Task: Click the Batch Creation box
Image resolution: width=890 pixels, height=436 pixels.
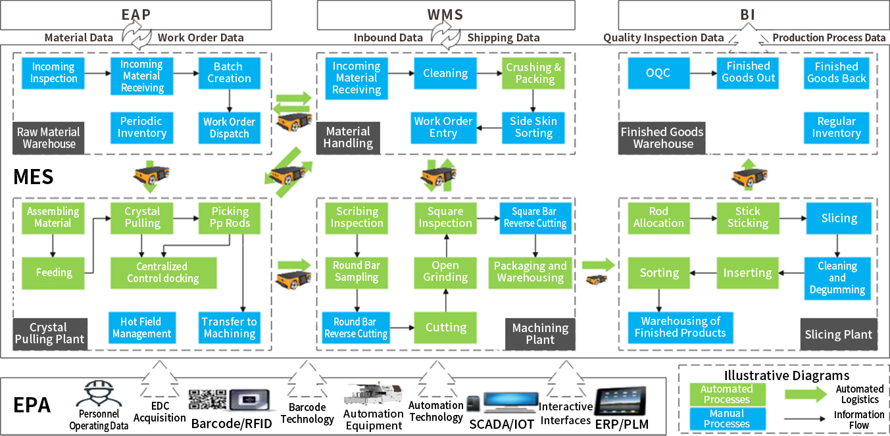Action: click(229, 72)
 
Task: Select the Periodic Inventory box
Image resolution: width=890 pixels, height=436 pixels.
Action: click(141, 127)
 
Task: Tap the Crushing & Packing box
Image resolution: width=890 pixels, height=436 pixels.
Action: click(533, 73)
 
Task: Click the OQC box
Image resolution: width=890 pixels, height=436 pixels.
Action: click(658, 72)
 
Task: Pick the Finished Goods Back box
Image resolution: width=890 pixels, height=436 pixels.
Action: click(836, 72)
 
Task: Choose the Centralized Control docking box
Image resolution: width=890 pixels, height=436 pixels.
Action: click(162, 272)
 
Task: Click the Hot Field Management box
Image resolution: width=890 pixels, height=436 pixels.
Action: click(141, 327)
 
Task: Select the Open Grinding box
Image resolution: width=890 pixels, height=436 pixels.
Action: click(445, 272)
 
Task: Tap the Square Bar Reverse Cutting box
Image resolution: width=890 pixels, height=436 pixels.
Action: click(534, 218)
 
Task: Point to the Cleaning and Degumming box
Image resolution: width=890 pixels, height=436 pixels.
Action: click(837, 278)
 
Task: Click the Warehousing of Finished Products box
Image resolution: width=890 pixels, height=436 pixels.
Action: click(680, 327)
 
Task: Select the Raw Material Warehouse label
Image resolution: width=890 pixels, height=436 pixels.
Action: click(49, 138)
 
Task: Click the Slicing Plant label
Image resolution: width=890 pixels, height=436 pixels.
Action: click(838, 335)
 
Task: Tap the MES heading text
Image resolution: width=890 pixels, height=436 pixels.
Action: click(33, 176)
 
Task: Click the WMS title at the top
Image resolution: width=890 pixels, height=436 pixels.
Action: click(445, 14)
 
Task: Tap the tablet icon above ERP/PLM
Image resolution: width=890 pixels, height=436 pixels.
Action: click(620, 400)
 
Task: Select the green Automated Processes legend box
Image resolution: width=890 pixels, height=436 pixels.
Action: click(727, 394)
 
